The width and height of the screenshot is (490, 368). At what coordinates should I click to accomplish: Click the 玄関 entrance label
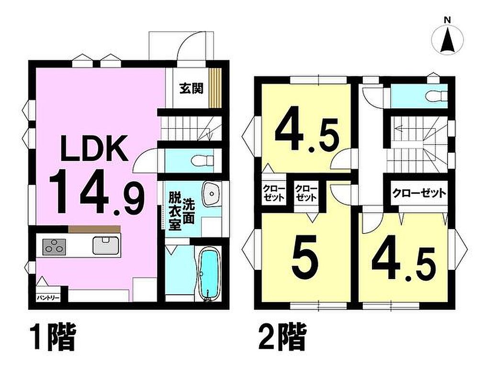[191, 89]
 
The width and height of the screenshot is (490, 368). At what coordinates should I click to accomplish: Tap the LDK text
[93, 148]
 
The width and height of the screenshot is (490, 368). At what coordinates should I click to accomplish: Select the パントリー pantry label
[48, 298]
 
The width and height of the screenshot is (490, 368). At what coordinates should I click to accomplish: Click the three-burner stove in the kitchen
[54, 247]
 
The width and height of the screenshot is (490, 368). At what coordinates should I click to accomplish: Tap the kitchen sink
[106, 245]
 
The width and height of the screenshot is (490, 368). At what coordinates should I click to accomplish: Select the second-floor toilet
[437, 96]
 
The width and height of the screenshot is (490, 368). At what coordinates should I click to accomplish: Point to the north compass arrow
[447, 40]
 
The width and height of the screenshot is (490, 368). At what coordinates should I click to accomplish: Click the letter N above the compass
[447, 20]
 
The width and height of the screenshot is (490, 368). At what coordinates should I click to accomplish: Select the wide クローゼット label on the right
[419, 193]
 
